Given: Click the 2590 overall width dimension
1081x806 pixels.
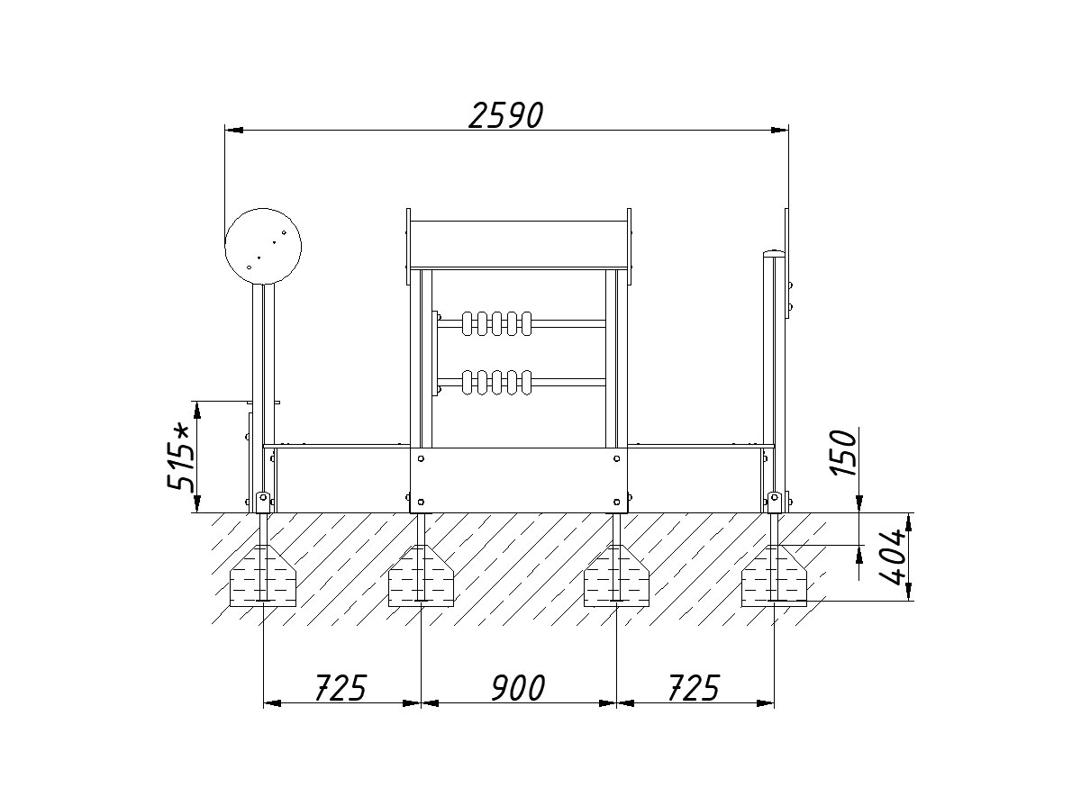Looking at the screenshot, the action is tap(505, 115).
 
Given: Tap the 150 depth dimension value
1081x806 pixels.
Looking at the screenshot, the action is tap(843, 453).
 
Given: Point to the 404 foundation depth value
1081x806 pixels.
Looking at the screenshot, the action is tap(892, 557).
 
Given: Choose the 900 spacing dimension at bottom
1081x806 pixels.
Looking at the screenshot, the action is tap(518, 688).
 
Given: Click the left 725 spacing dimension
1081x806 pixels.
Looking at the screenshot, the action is tap(341, 688).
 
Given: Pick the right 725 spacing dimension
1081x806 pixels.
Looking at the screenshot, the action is tap(694, 688).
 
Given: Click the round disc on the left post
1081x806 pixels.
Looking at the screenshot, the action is tap(263, 246).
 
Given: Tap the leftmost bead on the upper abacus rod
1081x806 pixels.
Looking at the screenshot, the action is tap(467, 323).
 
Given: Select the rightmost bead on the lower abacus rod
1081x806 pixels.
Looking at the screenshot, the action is tap(526, 382).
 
